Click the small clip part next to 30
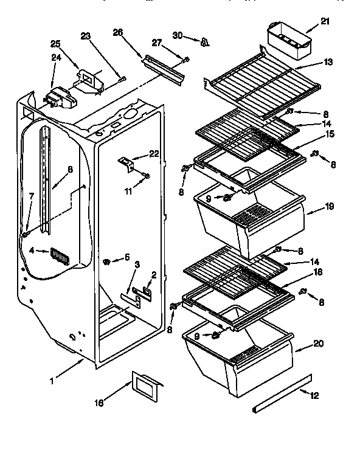[x=205, y=41]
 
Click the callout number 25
[x=56, y=44]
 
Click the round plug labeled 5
[x=107, y=261]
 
